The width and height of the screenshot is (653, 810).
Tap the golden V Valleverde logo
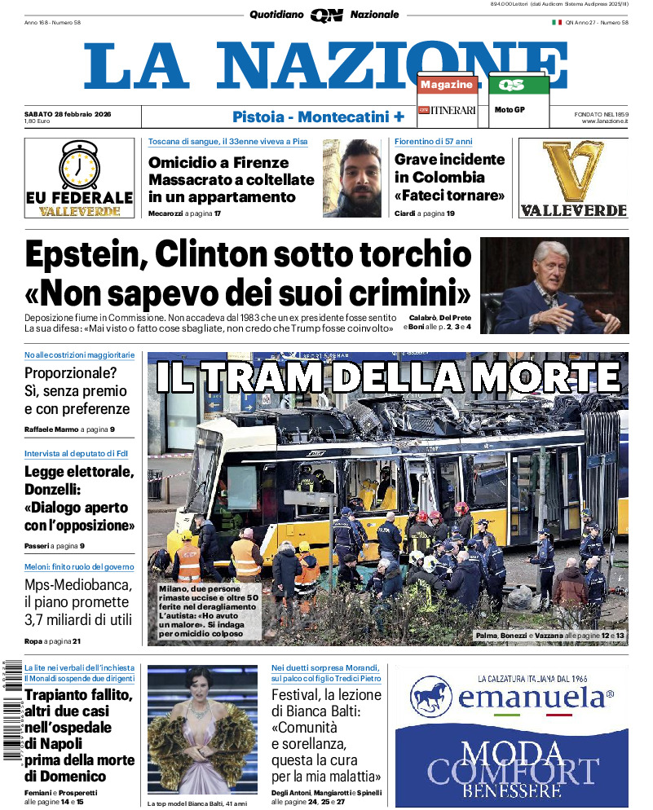pyautogui.click(x=573, y=172)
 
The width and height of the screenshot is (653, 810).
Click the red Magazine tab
pyautogui.click(x=447, y=85)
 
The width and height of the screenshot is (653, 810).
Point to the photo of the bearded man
pyautogui.click(x=353, y=178)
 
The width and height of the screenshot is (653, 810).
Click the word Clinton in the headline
pyautogui.click(x=211, y=255)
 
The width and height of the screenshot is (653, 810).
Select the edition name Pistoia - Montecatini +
pyautogui.click(x=318, y=117)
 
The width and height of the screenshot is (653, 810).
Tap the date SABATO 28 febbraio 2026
pyautogui.click(x=68, y=113)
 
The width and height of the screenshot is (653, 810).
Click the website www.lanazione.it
pyautogui.click(x=605, y=121)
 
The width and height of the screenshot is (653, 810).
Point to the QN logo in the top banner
pyautogui.click(x=326, y=15)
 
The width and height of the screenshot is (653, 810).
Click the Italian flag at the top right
pyautogui.click(x=557, y=22)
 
